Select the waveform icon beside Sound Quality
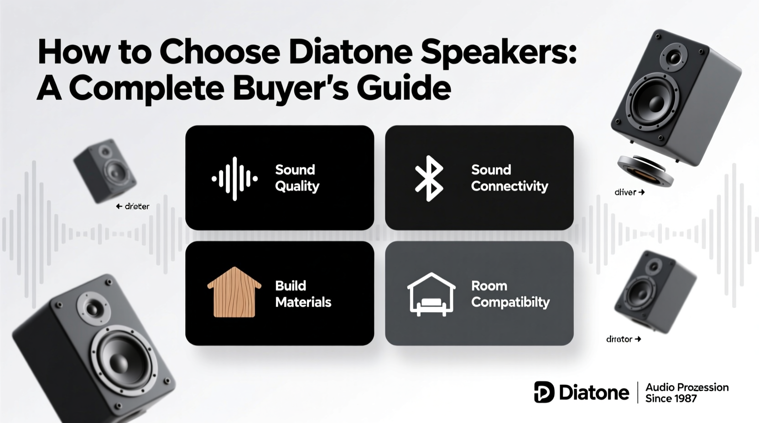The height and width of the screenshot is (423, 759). [234, 179]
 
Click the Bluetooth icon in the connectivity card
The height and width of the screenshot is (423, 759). [429, 178]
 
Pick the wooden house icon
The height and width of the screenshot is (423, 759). [234, 292]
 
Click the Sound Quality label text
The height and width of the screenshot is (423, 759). [297, 178]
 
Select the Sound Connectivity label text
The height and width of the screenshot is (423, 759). [509, 178]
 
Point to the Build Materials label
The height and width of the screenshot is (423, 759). [303, 294]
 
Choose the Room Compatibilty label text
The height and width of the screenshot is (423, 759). [510, 294]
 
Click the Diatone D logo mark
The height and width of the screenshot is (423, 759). [544, 392]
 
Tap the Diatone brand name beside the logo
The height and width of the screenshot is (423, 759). [593, 392]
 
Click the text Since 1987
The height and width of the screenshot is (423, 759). [671, 398]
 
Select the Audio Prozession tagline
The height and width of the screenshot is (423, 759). [686, 387]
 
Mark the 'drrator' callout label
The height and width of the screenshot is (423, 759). [619, 339]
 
